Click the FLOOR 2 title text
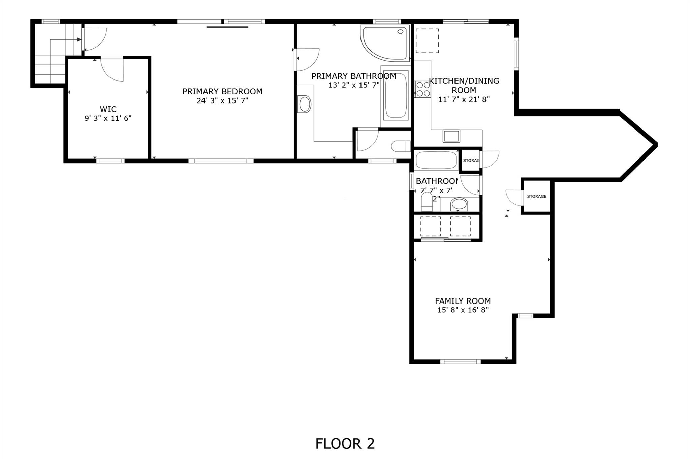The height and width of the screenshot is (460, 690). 345,443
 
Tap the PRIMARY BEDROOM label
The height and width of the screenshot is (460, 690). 222,91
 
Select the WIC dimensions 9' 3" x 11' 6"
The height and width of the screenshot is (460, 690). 108,118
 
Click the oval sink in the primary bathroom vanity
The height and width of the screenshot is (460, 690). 305,104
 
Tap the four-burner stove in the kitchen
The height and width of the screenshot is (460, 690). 422,89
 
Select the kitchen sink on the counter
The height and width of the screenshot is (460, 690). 451,136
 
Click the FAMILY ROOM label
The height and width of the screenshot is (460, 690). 463,301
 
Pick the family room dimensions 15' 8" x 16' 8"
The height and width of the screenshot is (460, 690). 463,310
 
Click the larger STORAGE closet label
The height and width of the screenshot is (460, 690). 536,197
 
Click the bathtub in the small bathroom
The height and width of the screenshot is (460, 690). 436,160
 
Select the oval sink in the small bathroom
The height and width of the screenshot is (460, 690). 459,204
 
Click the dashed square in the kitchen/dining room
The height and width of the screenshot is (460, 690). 427,41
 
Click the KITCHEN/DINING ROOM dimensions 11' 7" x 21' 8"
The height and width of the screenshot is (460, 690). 464,99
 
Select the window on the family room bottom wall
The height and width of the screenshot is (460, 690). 460,362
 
